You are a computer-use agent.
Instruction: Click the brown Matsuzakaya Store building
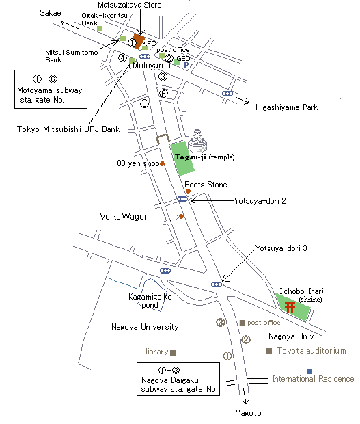click(x=138, y=41)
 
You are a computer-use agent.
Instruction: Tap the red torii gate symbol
click(x=290, y=307)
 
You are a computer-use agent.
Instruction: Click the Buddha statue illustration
click(x=197, y=140)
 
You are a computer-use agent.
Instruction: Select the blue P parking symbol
click(x=186, y=65)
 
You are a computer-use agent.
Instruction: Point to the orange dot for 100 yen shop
click(x=163, y=163)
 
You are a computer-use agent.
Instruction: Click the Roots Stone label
click(x=206, y=185)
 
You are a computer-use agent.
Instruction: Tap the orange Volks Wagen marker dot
click(x=182, y=216)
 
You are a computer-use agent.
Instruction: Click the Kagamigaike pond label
click(x=150, y=301)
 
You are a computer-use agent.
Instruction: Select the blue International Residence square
click(x=309, y=371)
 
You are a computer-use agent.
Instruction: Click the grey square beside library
click(x=173, y=353)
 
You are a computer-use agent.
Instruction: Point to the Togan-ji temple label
click(x=205, y=157)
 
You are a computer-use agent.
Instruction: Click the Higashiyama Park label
click(x=286, y=107)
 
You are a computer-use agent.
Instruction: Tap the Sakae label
click(x=51, y=13)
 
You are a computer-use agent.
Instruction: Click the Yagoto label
click(x=249, y=413)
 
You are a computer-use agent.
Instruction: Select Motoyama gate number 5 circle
click(x=145, y=103)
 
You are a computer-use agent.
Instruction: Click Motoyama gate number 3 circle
click(x=163, y=77)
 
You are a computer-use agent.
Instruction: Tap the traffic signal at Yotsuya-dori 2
click(x=182, y=199)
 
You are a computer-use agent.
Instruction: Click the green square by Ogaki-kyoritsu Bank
click(x=100, y=29)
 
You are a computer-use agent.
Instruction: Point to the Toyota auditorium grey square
click(x=269, y=351)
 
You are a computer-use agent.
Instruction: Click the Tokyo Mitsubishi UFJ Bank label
click(x=68, y=129)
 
